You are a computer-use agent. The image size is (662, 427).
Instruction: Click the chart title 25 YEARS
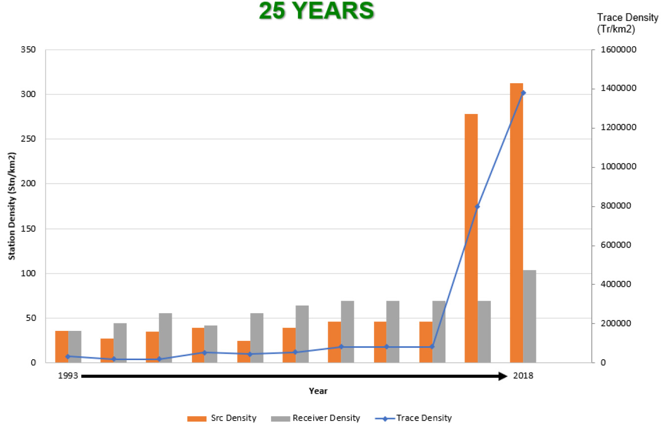[x=316, y=11]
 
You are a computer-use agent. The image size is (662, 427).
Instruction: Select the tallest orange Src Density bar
[x=517, y=223]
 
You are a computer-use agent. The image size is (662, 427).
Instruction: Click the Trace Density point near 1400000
[x=523, y=93]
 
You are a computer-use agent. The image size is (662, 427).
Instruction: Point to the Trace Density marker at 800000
[x=477, y=206]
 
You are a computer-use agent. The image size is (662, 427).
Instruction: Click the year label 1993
[x=68, y=376]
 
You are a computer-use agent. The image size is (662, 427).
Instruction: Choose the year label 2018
[x=523, y=376]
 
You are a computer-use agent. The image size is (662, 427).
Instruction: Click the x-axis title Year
[x=318, y=391]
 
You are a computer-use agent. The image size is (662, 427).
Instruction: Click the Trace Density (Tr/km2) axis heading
[x=627, y=23]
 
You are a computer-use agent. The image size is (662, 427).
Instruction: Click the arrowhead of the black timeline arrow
[x=503, y=376]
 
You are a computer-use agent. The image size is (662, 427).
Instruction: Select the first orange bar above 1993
[x=61, y=346]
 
